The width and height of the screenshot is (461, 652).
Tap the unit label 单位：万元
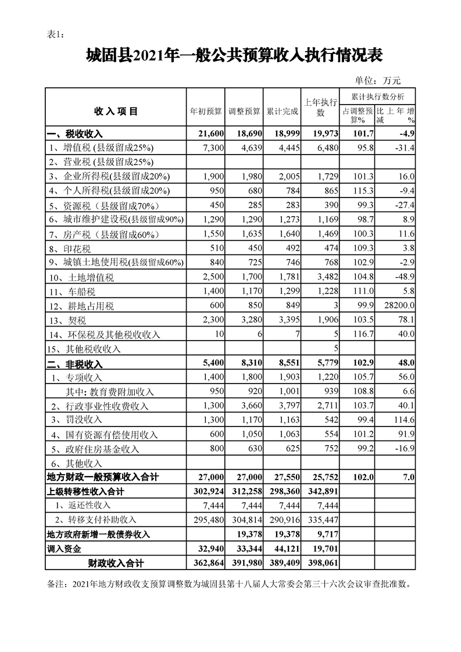(378, 81)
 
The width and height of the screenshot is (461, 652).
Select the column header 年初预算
(206, 110)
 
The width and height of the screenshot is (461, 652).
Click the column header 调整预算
(244, 110)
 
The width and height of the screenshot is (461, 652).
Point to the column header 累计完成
(282, 110)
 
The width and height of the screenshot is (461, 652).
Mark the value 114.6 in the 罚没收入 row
(403, 420)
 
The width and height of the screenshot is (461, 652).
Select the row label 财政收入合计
(116, 563)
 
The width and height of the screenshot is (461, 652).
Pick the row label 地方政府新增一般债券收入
(98, 534)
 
